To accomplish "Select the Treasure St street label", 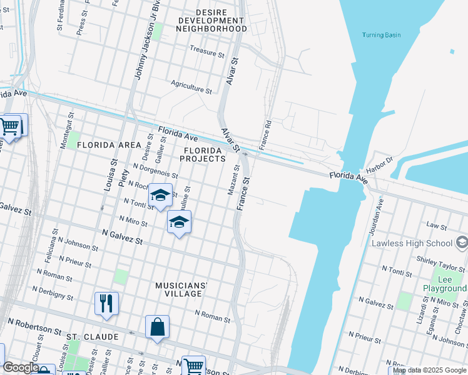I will (x=206, y=52).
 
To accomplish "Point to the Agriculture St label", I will (x=191, y=86).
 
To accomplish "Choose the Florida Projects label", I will (x=202, y=154).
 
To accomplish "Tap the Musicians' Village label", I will (x=181, y=289).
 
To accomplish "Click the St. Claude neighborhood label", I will (x=92, y=337).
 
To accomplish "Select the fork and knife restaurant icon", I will (x=106, y=303).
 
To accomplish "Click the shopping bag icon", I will (x=157, y=326).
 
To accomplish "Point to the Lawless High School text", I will (x=412, y=243).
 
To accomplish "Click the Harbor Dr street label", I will (x=379, y=167).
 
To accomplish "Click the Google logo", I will (x=21, y=367).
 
